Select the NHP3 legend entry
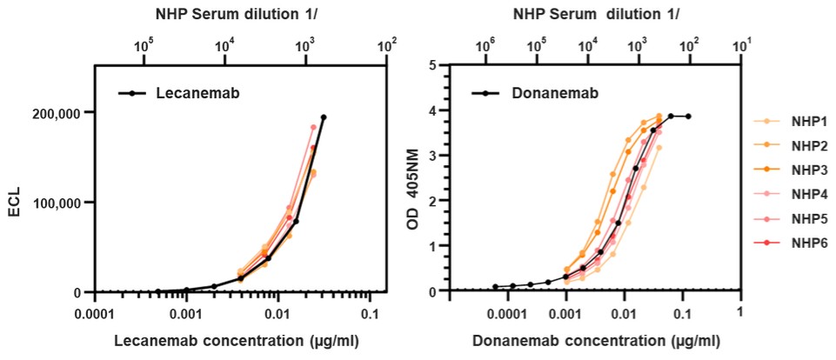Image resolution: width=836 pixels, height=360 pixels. pyautogui.click(x=799, y=170)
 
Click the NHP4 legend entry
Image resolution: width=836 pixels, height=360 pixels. pyautogui.click(x=799, y=192)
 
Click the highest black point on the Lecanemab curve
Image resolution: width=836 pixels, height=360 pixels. pyautogui.click(x=324, y=117)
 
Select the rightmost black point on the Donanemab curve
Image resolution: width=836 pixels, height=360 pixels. pyautogui.click(x=688, y=117)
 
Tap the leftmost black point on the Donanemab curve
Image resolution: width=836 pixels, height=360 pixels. pyautogui.click(x=495, y=286)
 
